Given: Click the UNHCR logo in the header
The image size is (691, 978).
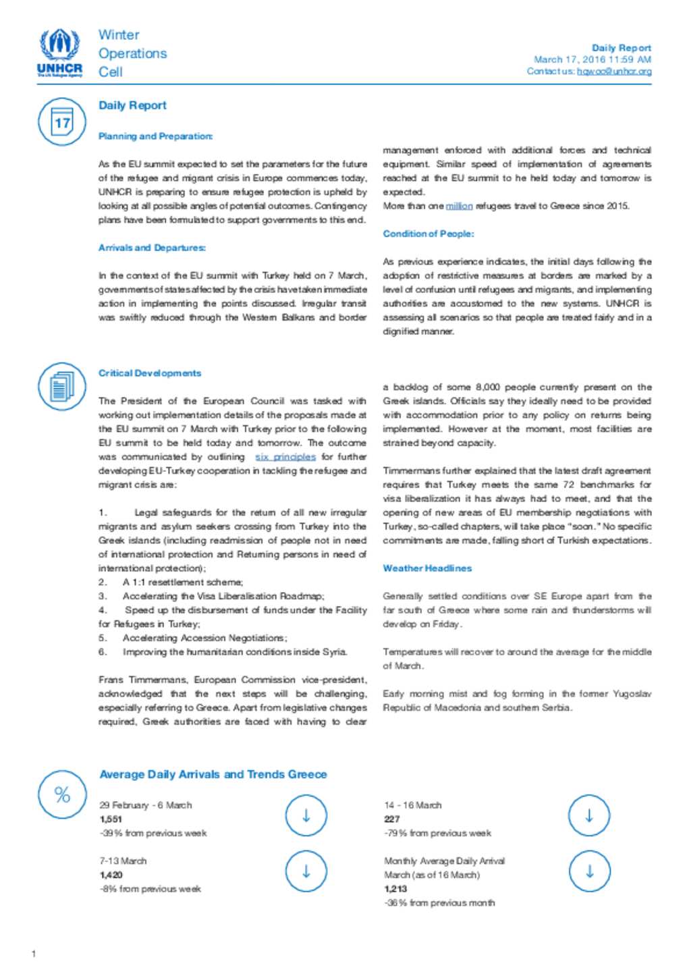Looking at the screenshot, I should coord(60,53).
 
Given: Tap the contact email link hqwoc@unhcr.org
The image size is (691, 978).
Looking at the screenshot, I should coord(614,71).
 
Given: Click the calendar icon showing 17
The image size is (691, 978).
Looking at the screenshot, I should coord(62,122).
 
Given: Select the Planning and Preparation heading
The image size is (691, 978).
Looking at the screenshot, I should coord(155,136).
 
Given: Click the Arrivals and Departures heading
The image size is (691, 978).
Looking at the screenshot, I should coord(152,248).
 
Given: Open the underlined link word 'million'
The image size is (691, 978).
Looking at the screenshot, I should coord(459,206).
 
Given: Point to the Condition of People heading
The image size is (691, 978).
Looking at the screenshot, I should coord(428,234).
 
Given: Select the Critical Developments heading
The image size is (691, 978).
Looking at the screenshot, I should coord(150,373).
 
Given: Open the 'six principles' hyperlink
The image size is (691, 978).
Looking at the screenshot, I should coord(285,457).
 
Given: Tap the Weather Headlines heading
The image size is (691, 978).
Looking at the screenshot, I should coord(427,568).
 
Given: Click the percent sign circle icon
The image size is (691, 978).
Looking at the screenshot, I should coord(62,794).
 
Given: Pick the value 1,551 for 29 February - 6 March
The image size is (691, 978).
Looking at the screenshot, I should coord(111,819).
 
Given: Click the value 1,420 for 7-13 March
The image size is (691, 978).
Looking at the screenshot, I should coord(111,875).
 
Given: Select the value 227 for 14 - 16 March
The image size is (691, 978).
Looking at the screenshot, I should coord(391,819).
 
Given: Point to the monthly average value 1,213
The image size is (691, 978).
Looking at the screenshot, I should coord(395,889).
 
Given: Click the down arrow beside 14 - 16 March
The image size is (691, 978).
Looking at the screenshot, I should coord(589,815).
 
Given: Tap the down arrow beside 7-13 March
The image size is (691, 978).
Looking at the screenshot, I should coord(306,871).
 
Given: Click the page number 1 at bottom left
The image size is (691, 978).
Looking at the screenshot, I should coord(34,954).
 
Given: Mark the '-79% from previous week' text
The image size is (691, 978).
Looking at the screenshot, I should coord(437,834).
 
